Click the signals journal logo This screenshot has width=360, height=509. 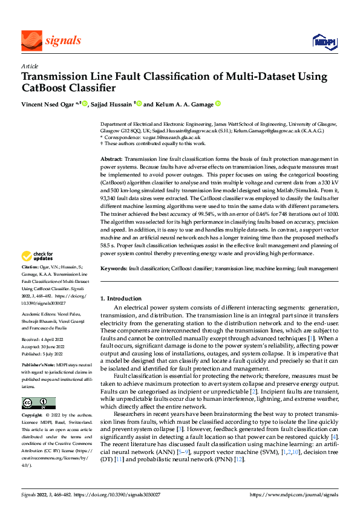(51, 41)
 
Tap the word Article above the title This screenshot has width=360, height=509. (30, 66)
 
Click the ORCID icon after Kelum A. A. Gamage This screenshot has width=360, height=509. (218, 104)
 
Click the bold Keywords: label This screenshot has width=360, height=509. (114, 267)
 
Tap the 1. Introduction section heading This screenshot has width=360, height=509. (120, 299)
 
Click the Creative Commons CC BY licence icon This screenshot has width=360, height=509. (38, 403)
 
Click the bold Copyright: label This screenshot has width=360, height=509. (33, 416)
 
